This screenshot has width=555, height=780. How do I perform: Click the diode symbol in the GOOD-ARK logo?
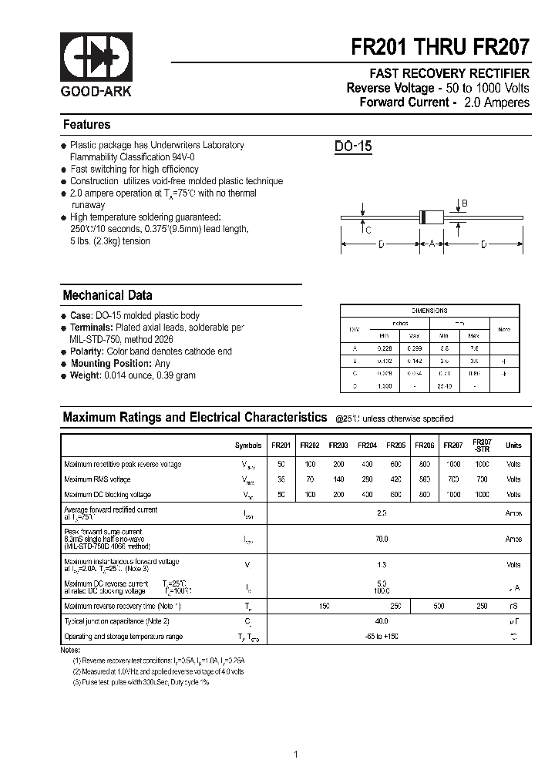pos(97,56)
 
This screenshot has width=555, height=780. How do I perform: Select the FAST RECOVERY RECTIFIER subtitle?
pos(449,73)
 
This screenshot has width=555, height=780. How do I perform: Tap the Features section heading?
pos(86,125)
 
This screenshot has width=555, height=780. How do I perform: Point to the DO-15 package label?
pos(353,146)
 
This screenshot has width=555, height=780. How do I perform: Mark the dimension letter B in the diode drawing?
pos(464,203)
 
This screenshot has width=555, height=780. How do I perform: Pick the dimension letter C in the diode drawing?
pos(368,230)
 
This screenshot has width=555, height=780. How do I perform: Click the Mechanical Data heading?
pos(107,295)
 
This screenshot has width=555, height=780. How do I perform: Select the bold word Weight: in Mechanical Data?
pos(85,375)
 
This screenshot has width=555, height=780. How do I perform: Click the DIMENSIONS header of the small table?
pos(429,311)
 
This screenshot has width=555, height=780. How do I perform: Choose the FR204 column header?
pos(367,445)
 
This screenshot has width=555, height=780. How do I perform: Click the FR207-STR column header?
pos(482,445)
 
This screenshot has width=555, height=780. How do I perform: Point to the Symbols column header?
pos(248,445)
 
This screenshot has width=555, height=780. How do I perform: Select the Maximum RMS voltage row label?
pos(98,479)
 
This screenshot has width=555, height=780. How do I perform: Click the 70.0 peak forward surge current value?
pos(381,540)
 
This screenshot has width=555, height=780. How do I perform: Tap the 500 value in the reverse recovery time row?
pos(439,607)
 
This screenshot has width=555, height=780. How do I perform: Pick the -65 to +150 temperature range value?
pos(381,637)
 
